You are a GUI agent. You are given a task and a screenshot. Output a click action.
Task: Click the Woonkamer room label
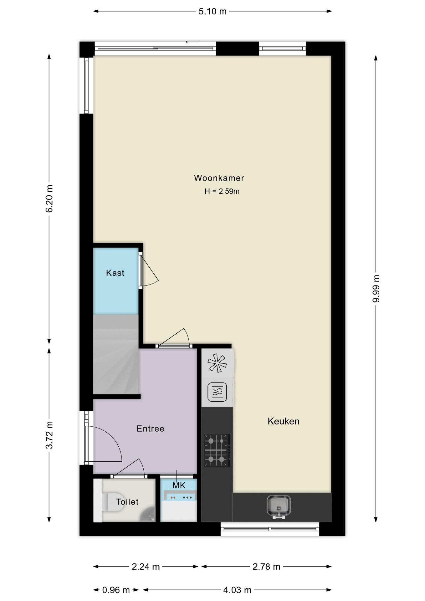tap(219, 178)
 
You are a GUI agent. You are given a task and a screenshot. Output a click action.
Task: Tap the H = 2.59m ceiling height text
tap(222, 191)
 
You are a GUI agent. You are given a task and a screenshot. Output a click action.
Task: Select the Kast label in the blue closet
tap(115, 273)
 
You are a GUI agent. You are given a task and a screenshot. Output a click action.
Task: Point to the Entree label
tap(151, 429)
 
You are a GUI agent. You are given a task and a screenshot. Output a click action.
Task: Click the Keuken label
tap(284, 421)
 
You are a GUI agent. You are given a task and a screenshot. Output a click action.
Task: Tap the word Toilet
tap(127, 502)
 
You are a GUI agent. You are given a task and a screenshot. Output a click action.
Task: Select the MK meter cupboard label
tap(179, 485)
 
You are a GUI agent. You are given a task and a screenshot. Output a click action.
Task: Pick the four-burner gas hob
tap(217, 450)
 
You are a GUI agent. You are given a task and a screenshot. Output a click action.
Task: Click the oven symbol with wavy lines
tap(217, 392)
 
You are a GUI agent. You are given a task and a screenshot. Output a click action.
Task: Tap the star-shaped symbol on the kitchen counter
tap(217, 363)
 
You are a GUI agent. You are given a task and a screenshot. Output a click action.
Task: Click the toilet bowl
tap(113, 502)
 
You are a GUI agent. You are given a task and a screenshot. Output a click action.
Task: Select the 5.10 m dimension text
tap(212, 12)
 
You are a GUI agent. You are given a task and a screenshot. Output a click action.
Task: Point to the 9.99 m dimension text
tap(376, 289)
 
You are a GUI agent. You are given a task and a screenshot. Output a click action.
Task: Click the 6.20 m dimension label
tap(49, 199)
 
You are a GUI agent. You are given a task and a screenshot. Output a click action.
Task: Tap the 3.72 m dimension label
tap(49, 435)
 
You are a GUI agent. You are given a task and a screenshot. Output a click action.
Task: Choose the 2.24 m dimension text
tap(146, 567)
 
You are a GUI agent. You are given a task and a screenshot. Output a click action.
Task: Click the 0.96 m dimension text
tap(116, 590)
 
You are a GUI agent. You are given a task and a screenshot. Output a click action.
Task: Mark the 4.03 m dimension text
tap(237, 590)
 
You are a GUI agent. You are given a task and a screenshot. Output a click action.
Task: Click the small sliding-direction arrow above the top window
tap(192, 42)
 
